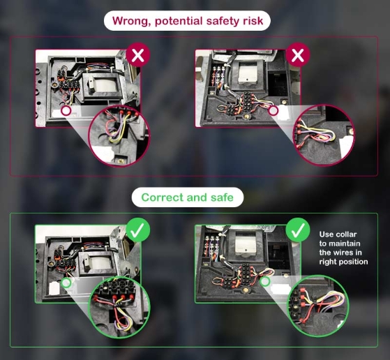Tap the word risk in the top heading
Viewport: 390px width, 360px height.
point(253,21)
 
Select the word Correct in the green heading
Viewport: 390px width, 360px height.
point(162,197)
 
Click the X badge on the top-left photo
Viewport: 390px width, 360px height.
point(138,55)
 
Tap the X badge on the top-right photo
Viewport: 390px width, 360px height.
point(298,55)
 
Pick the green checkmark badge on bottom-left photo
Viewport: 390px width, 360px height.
point(138,230)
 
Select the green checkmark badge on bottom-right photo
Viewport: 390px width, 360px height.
point(298,230)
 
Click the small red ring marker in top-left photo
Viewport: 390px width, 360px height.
point(66,111)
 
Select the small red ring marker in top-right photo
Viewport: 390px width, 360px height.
point(273,111)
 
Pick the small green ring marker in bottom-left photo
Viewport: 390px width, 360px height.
point(66,283)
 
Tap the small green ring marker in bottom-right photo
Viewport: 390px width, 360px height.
point(265,281)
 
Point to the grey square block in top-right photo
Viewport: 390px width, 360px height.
point(247,72)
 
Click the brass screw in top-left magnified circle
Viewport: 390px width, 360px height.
point(121,160)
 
